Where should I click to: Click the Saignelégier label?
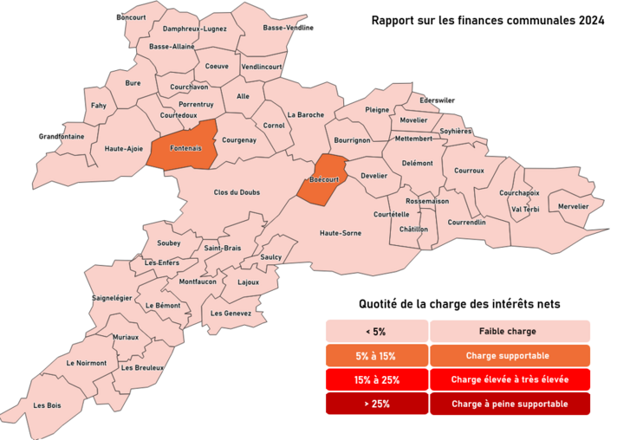[111, 298]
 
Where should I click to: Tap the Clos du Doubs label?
[237, 192]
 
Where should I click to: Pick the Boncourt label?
[131, 17]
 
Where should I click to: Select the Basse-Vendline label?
[289, 28]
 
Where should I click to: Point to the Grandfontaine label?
[62, 137]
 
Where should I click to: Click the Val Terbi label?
[526, 209]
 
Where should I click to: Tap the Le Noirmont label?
[87, 363]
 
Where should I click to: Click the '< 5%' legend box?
[376, 331]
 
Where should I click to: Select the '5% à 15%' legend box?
[376, 356]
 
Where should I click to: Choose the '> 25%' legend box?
[376, 404]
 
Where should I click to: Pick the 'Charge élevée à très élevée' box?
[510, 380]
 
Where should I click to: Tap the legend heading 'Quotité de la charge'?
[459, 304]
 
